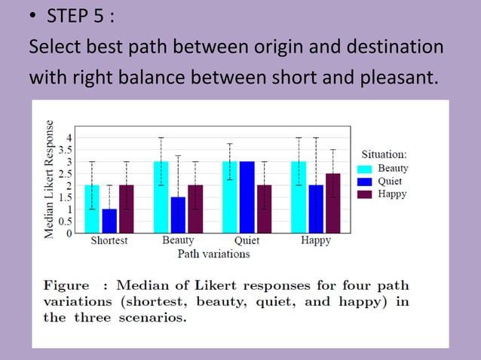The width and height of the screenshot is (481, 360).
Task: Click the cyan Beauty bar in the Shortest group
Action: (x=92, y=209)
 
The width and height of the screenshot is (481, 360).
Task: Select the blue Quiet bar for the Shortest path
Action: (x=109, y=221)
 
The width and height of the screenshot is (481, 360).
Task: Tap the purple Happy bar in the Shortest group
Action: (x=126, y=209)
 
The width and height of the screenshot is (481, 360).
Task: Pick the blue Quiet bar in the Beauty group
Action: (x=178, y=215)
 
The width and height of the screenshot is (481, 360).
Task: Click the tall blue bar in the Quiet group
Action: (x=247, y=197)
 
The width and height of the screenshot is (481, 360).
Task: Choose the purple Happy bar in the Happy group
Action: (x=332, y=203)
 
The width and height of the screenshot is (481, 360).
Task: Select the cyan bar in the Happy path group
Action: (x=299, y=197)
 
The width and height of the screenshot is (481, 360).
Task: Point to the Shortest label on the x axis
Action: (x=109, y=241)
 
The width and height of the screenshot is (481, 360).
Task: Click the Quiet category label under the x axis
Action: (x=247, y=241)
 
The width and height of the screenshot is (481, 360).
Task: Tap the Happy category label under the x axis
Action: (x=315, y=241)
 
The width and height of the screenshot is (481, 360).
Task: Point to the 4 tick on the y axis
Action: (x=69, y=137)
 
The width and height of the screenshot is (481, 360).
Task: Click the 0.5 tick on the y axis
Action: (x=66, y=221)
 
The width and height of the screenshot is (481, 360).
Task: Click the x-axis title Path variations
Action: (x=213, y=254)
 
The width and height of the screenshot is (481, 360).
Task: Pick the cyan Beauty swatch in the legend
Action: (x=366, y=169)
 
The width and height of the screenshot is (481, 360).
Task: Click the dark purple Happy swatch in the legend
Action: (x=366, y=194)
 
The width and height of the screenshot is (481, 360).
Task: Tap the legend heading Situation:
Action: (x=384, y=154)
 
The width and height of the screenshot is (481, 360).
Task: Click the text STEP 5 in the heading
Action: (x=78, y=16)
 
